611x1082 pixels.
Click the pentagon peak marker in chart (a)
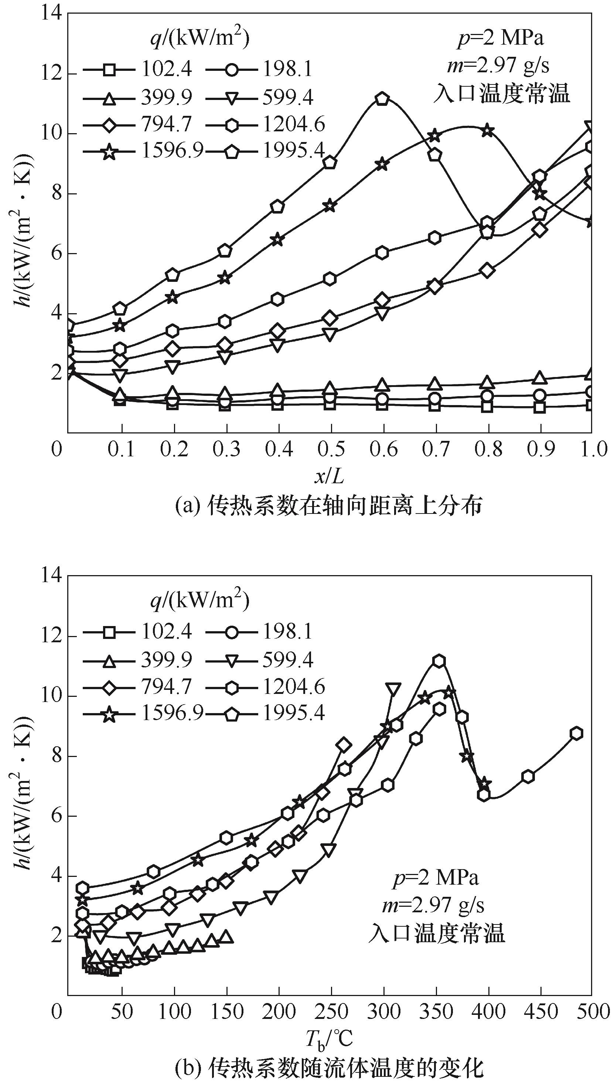[x=382, y=99]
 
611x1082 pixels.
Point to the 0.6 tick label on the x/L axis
[x=383, y=449]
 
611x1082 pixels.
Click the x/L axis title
[x=329, y=476]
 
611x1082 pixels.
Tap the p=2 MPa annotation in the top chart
[x=501, y=39]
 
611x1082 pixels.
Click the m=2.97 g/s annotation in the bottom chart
[x=433, y=906]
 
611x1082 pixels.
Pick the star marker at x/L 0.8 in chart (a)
[x=487, y=131]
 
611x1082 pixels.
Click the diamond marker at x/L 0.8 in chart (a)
[x=487, y=270]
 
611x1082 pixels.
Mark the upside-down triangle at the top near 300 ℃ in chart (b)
[x=393, y=689]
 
